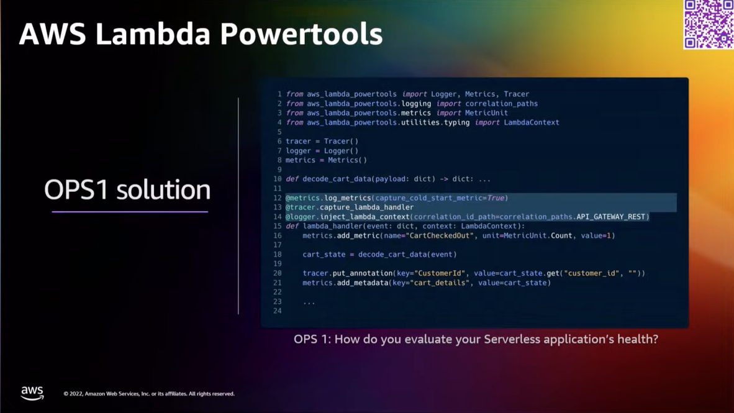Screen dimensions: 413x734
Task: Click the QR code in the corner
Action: (x=709, y=24)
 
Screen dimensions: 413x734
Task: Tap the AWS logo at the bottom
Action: (x=32, y=393)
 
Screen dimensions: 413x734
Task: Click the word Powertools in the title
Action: (x=301, y=34)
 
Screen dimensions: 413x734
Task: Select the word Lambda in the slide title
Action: (x=153, y=34)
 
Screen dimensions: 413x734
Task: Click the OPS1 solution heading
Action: (x=127, y=189)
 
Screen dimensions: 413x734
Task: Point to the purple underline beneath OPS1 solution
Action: (x=130, y=212)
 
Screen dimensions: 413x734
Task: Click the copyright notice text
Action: (x=149, y=394)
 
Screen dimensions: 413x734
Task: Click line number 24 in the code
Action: (x=277, y=311)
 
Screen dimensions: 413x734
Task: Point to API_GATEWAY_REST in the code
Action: (x=611, y=217)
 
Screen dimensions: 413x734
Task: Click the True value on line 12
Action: (x=496, y=198)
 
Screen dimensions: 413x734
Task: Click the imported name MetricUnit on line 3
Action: (x=486, y=113)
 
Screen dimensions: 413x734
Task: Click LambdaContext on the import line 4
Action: (x=531, y=122)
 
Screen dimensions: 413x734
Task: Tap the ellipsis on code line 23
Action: (x=309, y=302)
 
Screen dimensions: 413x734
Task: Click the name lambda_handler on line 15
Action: (x=332, y=226)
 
